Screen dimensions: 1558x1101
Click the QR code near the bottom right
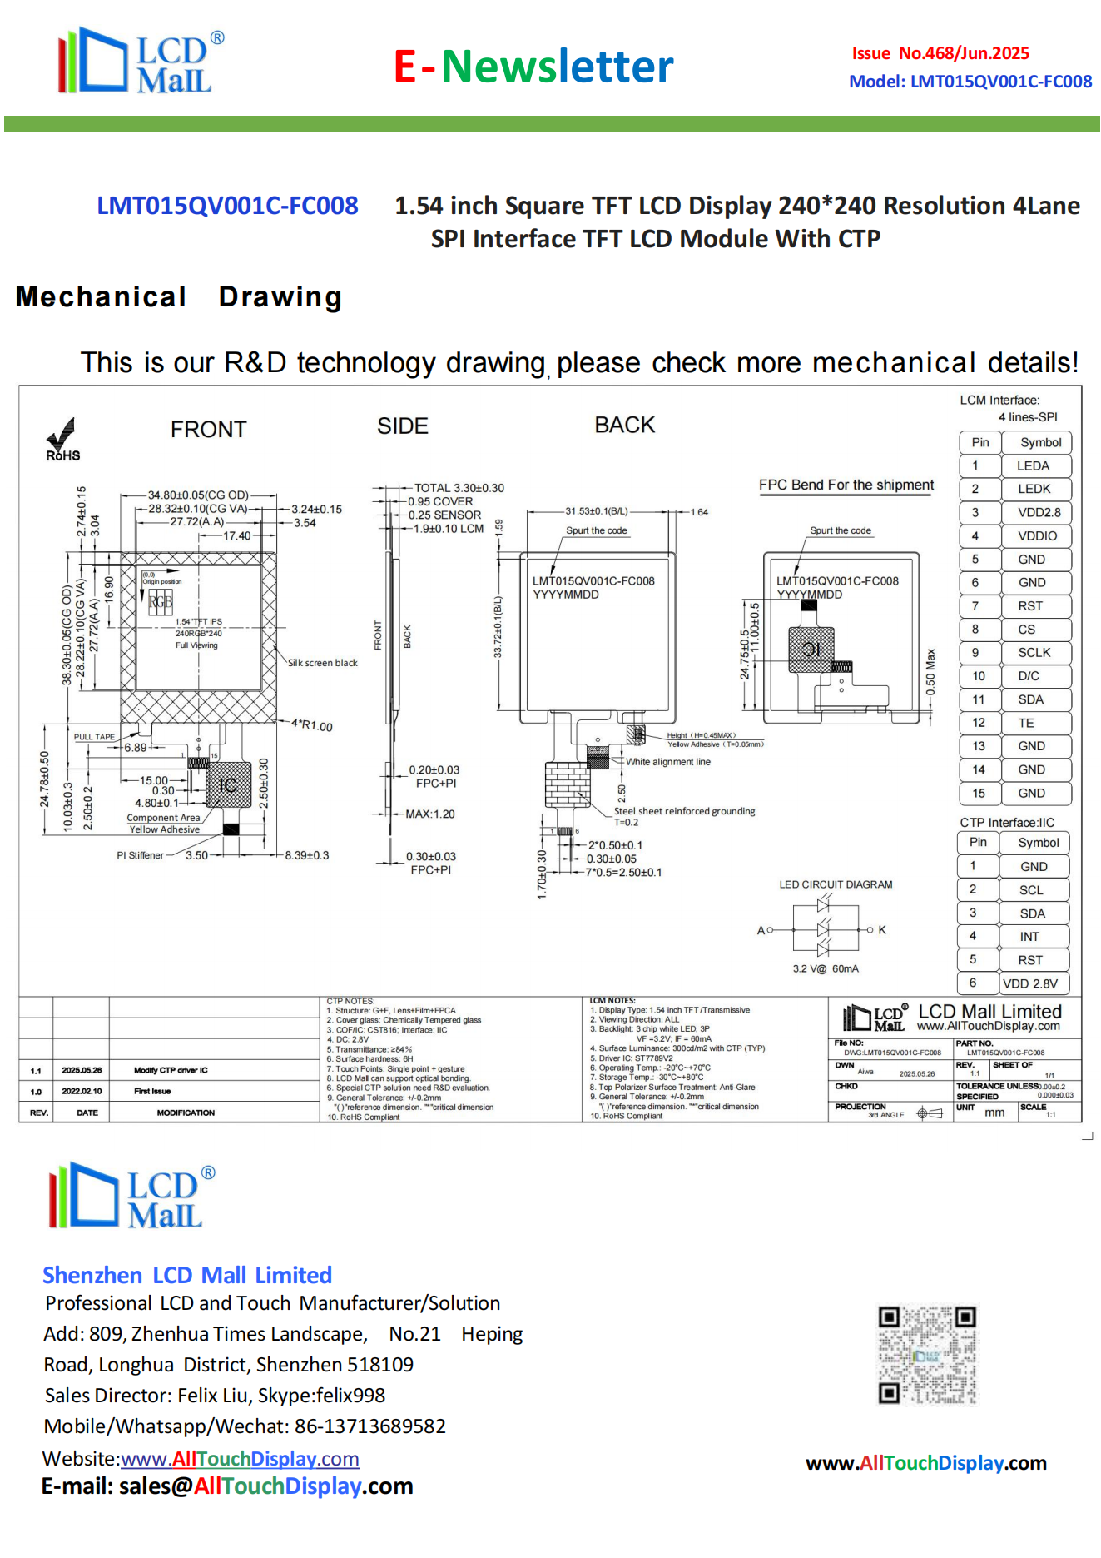[927, 1355]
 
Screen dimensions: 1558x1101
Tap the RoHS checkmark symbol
[62, 435]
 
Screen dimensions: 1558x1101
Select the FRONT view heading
[208, 430]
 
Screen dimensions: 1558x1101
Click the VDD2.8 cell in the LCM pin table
[1039, 513]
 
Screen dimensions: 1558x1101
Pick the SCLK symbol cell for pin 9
[1034, 653]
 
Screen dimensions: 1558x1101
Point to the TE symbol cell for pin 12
[1026, 724]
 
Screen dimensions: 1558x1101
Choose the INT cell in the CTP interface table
[1029, 937]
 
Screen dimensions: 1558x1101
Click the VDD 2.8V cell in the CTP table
[1030, 983]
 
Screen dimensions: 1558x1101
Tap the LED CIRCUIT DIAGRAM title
[836, 884]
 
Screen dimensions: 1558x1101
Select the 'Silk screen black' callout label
[323, 663]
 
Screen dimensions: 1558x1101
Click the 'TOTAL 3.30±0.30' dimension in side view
[459, 488]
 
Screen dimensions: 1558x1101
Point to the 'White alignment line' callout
[668, 762]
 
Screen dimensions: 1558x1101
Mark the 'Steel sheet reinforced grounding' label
[684, 811]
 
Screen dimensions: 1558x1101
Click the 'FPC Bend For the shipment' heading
[846, 485]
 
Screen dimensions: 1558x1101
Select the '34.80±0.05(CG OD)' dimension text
[198, 495]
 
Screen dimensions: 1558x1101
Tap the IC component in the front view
[228, 785]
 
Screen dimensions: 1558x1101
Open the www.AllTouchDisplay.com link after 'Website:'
[240, 1459]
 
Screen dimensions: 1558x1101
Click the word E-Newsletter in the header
[533, 67]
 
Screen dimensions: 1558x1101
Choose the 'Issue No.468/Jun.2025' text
[940, 53]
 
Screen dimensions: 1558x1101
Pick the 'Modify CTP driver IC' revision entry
[171, 1070]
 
